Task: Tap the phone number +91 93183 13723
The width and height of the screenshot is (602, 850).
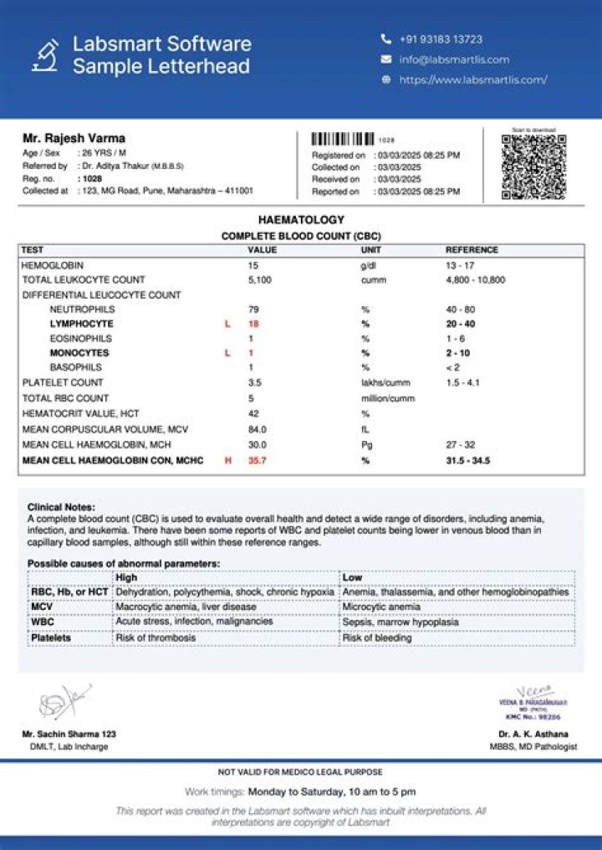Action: [x=440, y=39]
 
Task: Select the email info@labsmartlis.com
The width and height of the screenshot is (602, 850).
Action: [x=454, y=59]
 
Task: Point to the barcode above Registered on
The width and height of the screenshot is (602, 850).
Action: [x=343, y=140]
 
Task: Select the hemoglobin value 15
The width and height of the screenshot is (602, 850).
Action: [x=253, y=264]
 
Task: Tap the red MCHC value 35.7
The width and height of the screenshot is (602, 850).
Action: [x=257, y=461]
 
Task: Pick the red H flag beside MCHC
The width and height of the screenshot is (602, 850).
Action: [x=227, y=461]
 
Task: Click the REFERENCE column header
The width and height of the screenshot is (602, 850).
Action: [x=472, y=250]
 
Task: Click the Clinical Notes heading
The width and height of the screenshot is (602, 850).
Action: [x=61, y=507]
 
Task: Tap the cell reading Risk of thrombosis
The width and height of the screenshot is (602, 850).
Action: [x=156, y=637]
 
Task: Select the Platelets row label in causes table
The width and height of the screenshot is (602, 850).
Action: [x=51, y=637]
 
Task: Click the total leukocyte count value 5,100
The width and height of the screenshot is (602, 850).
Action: [x=259, y=279]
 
